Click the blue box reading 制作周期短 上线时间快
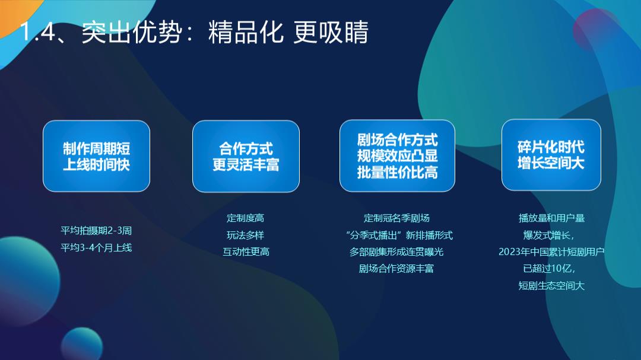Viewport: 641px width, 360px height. (96, 156)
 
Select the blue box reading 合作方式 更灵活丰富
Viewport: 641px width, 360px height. (246, 156)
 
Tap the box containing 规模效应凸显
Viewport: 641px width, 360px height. (397, 156)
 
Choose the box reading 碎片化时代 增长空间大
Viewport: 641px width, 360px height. (551, 155)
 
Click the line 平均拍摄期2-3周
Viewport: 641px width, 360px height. (96, 230)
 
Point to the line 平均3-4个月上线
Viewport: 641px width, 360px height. (96, 247)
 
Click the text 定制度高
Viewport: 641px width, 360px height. (246, 218)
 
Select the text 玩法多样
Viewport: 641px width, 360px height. (246, 235)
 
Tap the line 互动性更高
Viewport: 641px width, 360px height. (246, 251)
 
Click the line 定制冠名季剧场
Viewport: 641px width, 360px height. (396, 218)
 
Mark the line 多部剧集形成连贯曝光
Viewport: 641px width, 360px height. (396, 251)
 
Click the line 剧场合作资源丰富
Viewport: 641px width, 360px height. (396, 268)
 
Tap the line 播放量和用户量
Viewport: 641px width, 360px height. (551, 218)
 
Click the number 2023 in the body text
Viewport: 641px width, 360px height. (509, 251)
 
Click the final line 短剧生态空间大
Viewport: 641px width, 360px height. (551, 285)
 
